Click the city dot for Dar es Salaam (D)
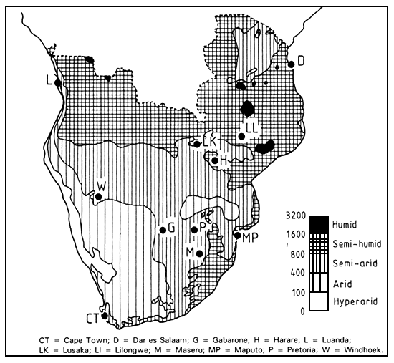coord(292,64)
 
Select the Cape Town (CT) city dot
coord(105,315)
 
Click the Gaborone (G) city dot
coord(163,230)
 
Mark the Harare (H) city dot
coord(214,160)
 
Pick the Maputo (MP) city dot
coord(237,235)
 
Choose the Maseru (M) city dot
coord(199,253)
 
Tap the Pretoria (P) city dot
coord(195,229)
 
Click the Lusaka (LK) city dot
coord(197,144)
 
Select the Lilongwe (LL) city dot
coord(241,136)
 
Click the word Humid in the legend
coord(345,223)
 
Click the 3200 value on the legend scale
coord(295,216)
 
